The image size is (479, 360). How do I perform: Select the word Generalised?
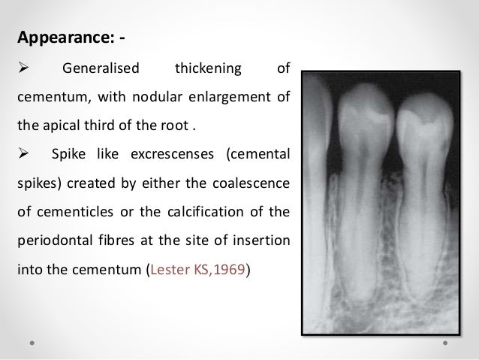coord(101,70)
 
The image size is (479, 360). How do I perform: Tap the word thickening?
coord(208,70)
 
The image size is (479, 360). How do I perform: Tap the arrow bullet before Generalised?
coord(22,70)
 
